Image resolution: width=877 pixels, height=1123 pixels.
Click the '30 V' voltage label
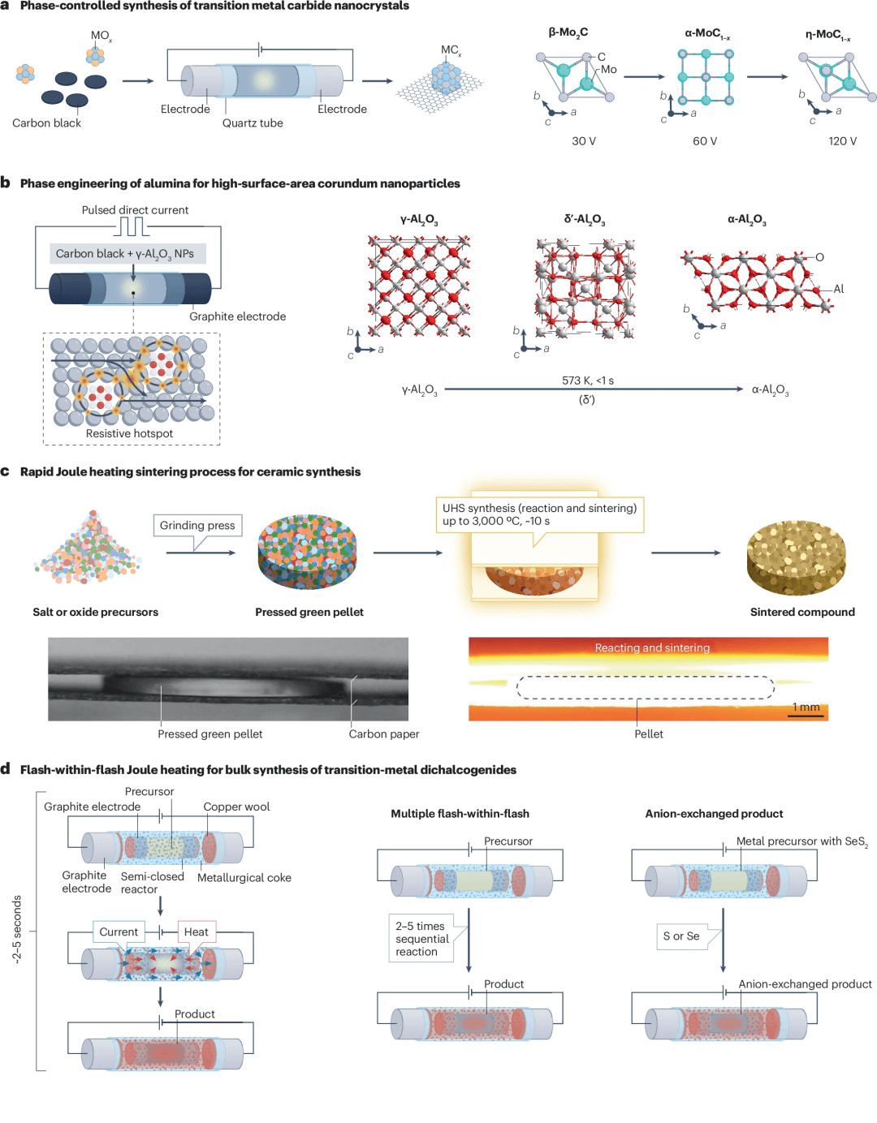[584, 141]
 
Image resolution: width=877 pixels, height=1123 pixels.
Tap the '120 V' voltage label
[842, 141]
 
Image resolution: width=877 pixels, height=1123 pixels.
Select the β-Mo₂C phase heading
[568, 32]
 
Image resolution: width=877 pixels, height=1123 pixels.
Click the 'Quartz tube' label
[253, 123]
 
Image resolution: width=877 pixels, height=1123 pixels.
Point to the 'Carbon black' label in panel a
[47, 123]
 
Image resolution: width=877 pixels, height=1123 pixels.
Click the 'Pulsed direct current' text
[135, 210]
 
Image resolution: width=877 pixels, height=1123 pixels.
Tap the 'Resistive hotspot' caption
[129, 433]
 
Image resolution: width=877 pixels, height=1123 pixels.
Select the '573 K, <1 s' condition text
[588, 381]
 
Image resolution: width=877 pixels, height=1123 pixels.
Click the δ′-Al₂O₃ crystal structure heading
[585, 220]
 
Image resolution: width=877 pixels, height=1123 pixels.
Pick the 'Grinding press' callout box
[197, 526]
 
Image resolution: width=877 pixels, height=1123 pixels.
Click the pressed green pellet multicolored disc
[307, 552]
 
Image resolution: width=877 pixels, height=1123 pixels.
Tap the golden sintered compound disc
[796, 557]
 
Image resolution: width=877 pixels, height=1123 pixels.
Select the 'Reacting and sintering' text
[652, 648]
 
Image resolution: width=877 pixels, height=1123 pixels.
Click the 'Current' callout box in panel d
[119, 932]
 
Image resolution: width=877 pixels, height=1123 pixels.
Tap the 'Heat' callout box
[196, 932]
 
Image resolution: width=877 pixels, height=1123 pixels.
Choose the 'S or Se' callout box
[681, 936]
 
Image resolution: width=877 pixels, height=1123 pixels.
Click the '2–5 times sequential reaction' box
[421, 939]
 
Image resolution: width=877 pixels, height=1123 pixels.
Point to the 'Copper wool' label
[236, 807]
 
